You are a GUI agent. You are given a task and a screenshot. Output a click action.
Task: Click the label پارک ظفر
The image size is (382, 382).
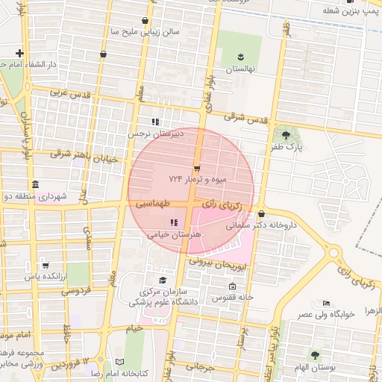coord(289,148)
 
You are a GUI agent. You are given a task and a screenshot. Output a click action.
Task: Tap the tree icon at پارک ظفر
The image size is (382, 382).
coord(286,134)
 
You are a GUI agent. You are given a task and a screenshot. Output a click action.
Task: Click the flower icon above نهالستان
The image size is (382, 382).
coord(241,57)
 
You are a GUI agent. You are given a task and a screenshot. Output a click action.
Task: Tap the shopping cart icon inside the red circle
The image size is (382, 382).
coord(197,169)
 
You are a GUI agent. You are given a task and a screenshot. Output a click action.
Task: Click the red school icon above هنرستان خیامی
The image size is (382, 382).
coord(173,222)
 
